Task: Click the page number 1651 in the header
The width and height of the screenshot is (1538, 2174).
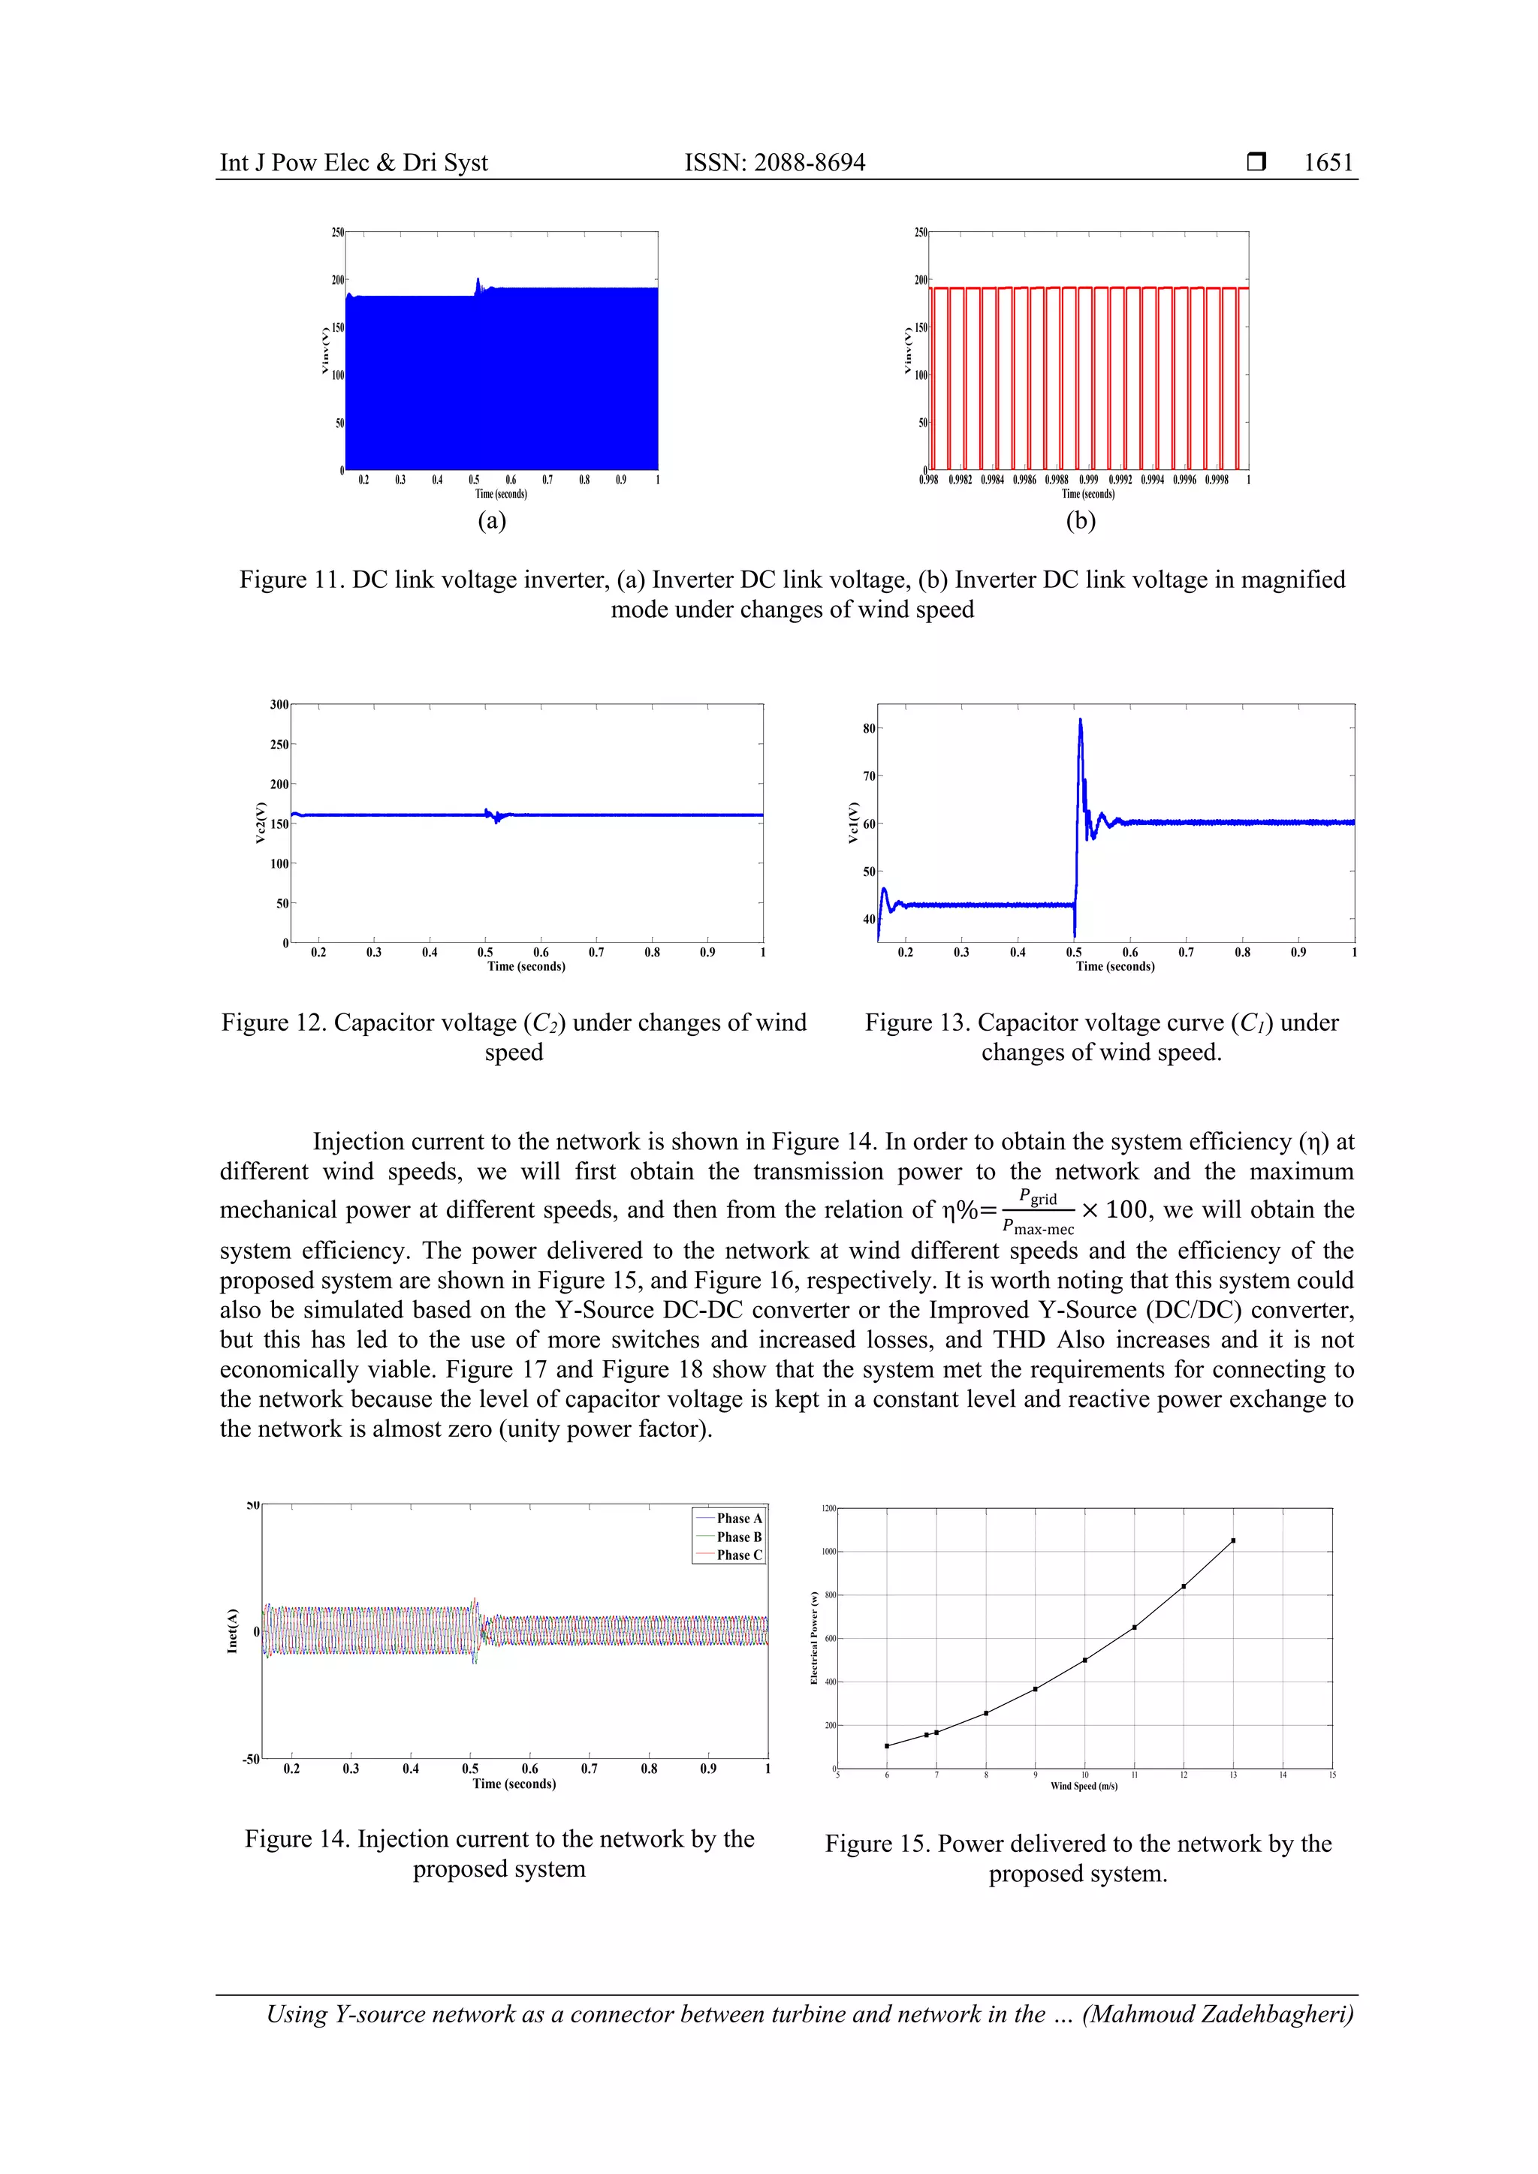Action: (1328, 163)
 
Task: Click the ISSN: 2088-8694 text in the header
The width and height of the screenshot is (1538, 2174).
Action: (775, 163)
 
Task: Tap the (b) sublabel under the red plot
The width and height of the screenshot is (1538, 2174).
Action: (1081, 521)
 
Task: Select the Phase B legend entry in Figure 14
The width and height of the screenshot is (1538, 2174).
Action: (737, 1537)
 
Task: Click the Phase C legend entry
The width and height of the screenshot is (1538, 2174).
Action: (737, 1555)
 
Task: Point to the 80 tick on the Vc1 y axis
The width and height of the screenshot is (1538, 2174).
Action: (868, 728)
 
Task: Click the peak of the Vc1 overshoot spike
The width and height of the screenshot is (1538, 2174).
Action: (1080, 721)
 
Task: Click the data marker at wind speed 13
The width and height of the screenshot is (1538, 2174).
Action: (1233, 1540)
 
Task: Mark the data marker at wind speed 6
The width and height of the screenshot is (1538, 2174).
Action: (886, 1746)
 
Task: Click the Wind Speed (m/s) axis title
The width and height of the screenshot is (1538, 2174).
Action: (1084, 1786)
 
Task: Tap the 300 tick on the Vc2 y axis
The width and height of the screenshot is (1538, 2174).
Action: (279, 704)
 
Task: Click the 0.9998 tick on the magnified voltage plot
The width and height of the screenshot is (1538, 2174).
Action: (1216, 480)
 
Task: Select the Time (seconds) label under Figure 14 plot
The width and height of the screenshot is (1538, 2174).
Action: (514, 1784)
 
